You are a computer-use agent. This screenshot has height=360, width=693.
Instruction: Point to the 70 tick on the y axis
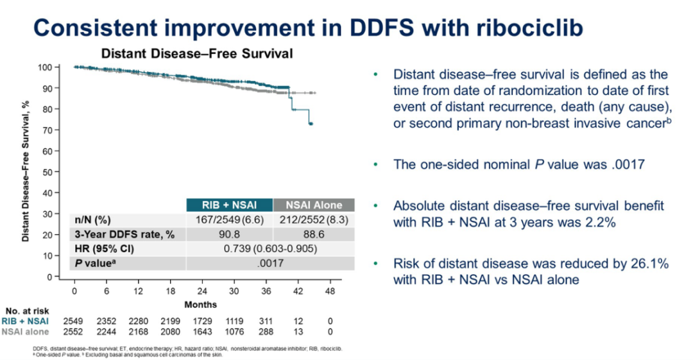click(46, 130)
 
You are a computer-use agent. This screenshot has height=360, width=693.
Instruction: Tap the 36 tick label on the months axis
click(266, 290)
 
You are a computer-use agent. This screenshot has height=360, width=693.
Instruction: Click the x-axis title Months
click(201, 304)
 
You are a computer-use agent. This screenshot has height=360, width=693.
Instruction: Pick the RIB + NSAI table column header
click(229, 205)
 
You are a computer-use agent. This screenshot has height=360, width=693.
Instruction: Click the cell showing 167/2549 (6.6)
click(229, 220)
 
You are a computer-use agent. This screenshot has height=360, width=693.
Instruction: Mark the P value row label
click(91, 264)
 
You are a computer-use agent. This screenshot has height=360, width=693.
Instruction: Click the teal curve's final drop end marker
click(311, 123)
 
